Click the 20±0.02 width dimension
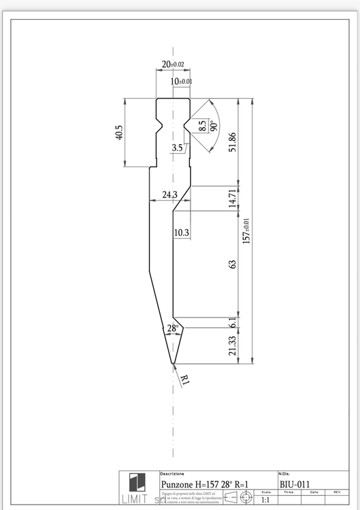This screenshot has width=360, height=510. [172, 64]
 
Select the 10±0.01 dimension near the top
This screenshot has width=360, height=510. [181, 81]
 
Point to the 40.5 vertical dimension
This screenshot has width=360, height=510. [120, 132]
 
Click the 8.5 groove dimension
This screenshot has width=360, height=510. [201, 126]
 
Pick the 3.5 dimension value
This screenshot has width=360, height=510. [177, 148]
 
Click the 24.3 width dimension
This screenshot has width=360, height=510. [169, 194]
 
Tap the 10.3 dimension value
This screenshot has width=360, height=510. [181, 233]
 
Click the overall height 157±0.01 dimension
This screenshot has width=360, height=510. [247, 231]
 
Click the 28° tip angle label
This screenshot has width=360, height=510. [173, 328]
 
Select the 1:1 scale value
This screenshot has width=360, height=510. [266, 500]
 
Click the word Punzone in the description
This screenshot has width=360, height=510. [179, 484]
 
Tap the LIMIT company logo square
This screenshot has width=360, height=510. [137, 481]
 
